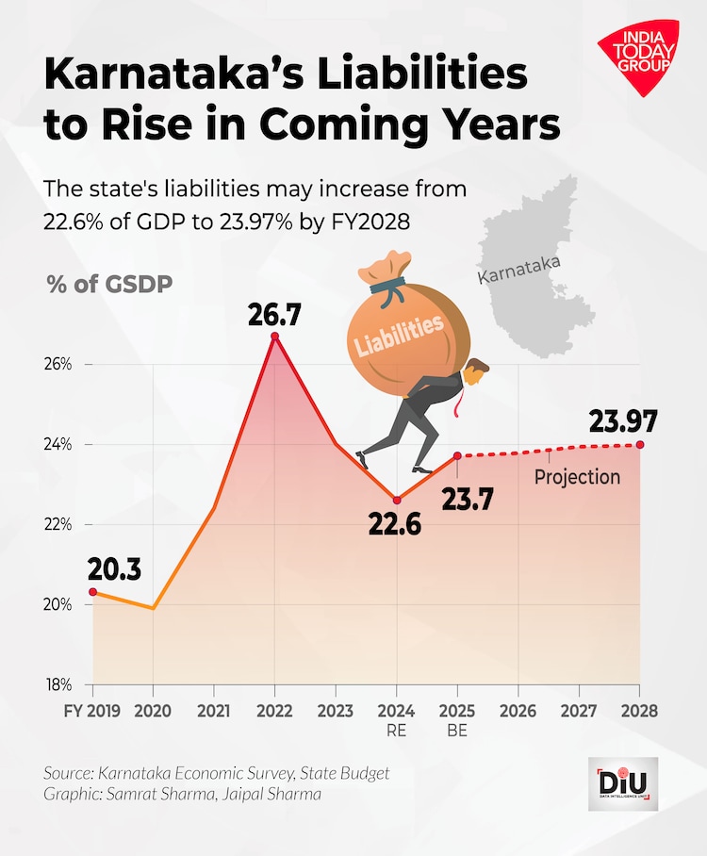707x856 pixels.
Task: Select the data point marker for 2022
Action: point(274,337)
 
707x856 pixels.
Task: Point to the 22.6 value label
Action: point(394,524)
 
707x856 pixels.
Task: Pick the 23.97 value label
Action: point(623,421)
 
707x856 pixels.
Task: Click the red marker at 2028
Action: point(640,445)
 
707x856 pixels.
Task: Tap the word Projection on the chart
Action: point(577,477)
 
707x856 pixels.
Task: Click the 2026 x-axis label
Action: point(518,710)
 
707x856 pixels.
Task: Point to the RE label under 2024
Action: point(396,730)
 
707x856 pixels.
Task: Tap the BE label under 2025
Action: point(457,730)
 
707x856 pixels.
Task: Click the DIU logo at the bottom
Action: point(622,784)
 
